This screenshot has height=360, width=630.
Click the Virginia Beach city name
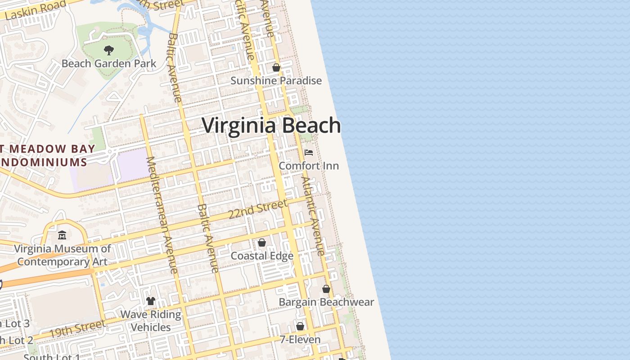[x=271, y=125]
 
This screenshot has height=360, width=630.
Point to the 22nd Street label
[x=257, y=209]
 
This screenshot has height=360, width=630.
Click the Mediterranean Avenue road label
[x=162, y=215]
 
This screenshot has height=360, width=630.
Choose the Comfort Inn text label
[x=309, y=166]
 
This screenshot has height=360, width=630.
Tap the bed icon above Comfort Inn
[x=309, y=153]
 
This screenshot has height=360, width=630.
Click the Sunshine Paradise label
[x=276, y=81]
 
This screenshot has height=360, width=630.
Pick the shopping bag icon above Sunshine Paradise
[x=276, y=67]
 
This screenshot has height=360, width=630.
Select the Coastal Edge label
[x=262, y=256]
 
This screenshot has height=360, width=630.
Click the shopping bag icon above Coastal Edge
[x=262, y=243]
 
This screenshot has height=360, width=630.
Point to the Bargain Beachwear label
[x=326, y=301]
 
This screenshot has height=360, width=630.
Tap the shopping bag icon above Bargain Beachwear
[x=326, y=289]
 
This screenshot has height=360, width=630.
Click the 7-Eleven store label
[x=300, y=339]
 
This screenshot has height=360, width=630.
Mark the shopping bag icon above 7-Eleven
[x=300, y=326]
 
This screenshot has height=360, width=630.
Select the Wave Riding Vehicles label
[x=151, y=320]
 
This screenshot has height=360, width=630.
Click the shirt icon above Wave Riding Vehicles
[x=151, y=301]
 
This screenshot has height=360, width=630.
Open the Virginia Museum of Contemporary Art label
[x=62, y=255]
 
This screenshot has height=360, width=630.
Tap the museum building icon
[x=62, y=235]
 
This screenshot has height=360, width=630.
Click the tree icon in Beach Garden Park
[x=108, y=50]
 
